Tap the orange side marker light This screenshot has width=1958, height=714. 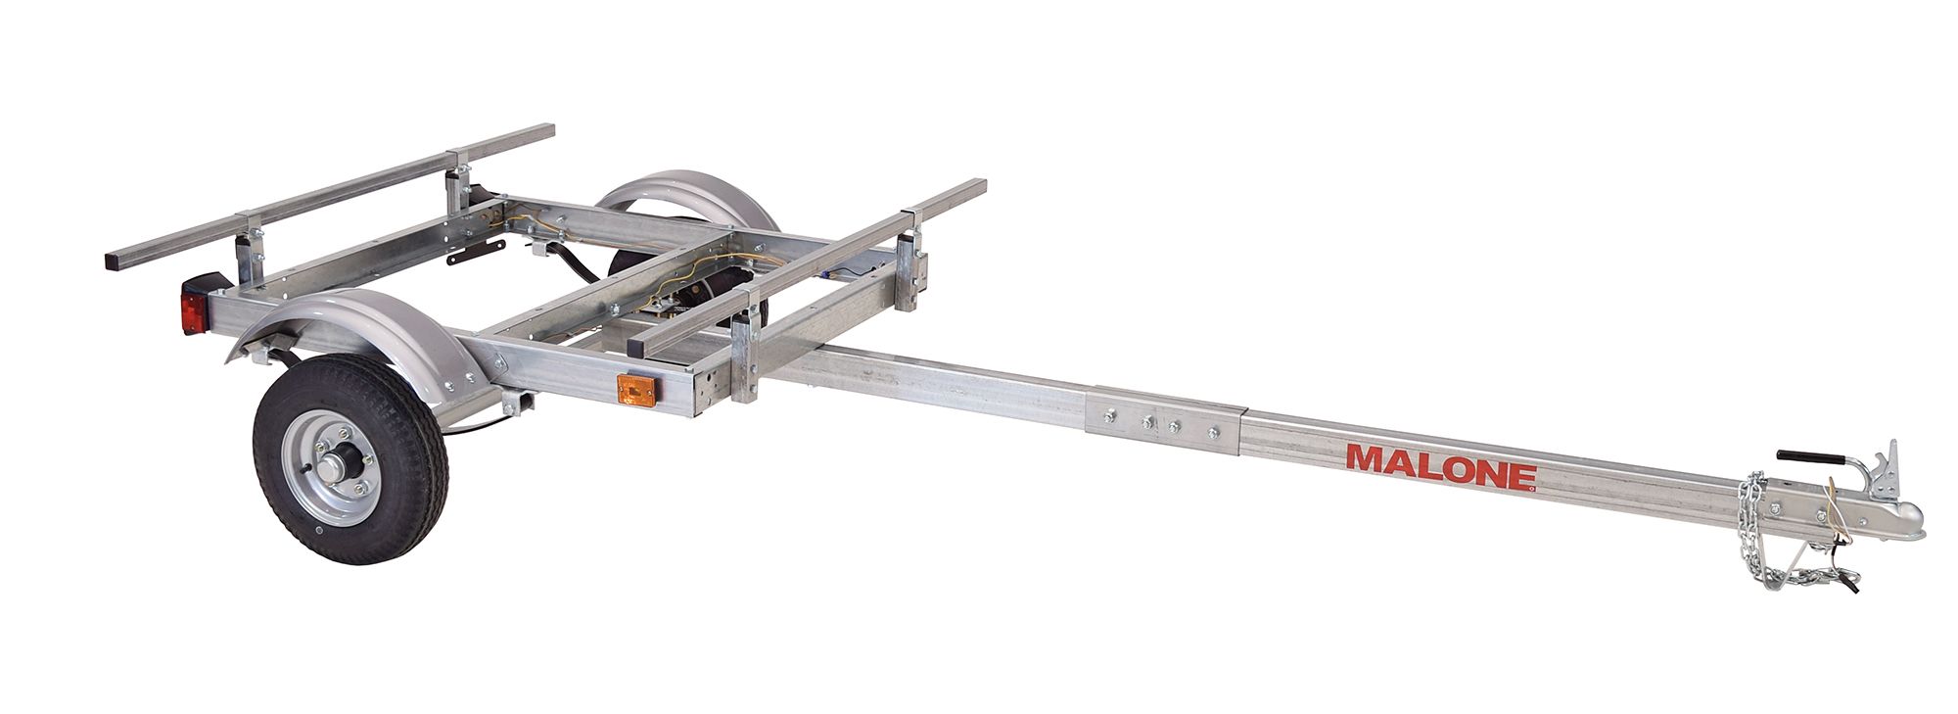point(636,390)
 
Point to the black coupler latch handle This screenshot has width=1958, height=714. point(1802,457)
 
